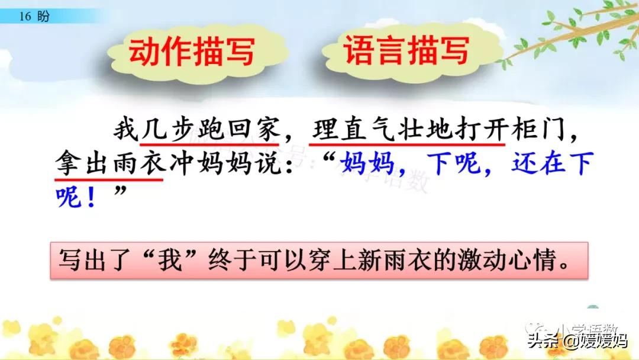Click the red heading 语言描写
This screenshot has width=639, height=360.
[406, 51]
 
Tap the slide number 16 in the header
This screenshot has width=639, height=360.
[24, 17]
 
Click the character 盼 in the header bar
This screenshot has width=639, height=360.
[43, 17]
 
